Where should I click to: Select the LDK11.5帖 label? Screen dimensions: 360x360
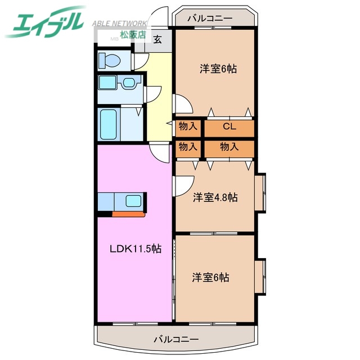pos(135,249)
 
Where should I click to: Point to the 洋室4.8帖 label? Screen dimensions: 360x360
pos(215,197)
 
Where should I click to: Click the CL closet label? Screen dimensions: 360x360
pos(229,127)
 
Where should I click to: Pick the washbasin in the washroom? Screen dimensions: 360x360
pos(129,83)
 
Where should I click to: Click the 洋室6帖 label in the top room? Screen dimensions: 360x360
pos(218,69)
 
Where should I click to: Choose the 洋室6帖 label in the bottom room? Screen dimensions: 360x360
pos(211,277)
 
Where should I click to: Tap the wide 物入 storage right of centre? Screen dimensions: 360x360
pos(229,147)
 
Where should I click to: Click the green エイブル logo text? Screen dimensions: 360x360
pos(45,22)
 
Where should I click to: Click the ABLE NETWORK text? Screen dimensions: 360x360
pos(119,24)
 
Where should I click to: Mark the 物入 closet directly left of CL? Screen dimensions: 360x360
pos(188,127)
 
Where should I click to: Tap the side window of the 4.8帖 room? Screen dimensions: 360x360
pos(260,193)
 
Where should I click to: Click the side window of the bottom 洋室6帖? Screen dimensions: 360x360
pos(260,277)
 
